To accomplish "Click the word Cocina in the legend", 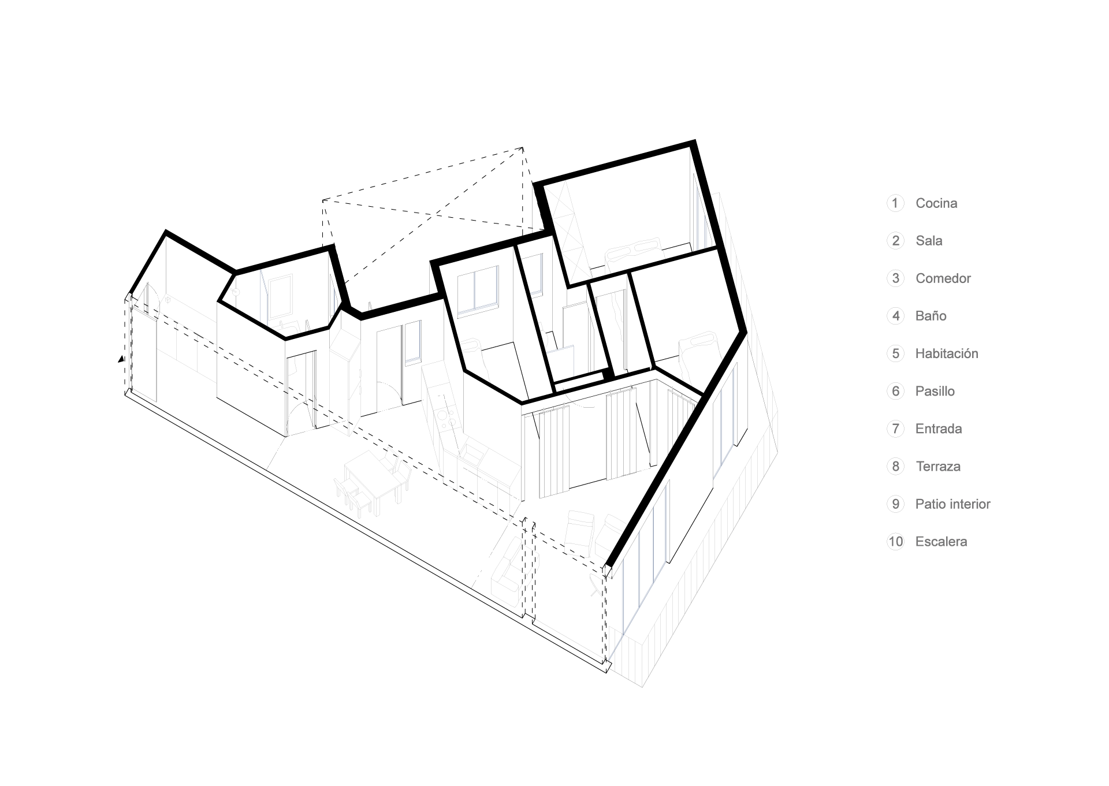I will [x=936, y=203].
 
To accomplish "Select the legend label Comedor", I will [x=943, y=278].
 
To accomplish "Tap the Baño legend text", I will [x=931, y=316].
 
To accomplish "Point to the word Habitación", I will [x=946, y=353].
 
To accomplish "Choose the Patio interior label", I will [x=952, y=504].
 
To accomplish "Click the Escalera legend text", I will [x=941, y=542].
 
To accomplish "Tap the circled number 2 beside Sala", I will [x=895, y=241].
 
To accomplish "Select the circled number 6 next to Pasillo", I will [x=895, y=391].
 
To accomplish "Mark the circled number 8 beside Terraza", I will [x=895, y=467].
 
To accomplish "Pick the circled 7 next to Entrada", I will [x=895, y=429].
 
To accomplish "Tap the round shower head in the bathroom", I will [x=236, y=292].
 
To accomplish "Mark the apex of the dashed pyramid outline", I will [x=523, y=148].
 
